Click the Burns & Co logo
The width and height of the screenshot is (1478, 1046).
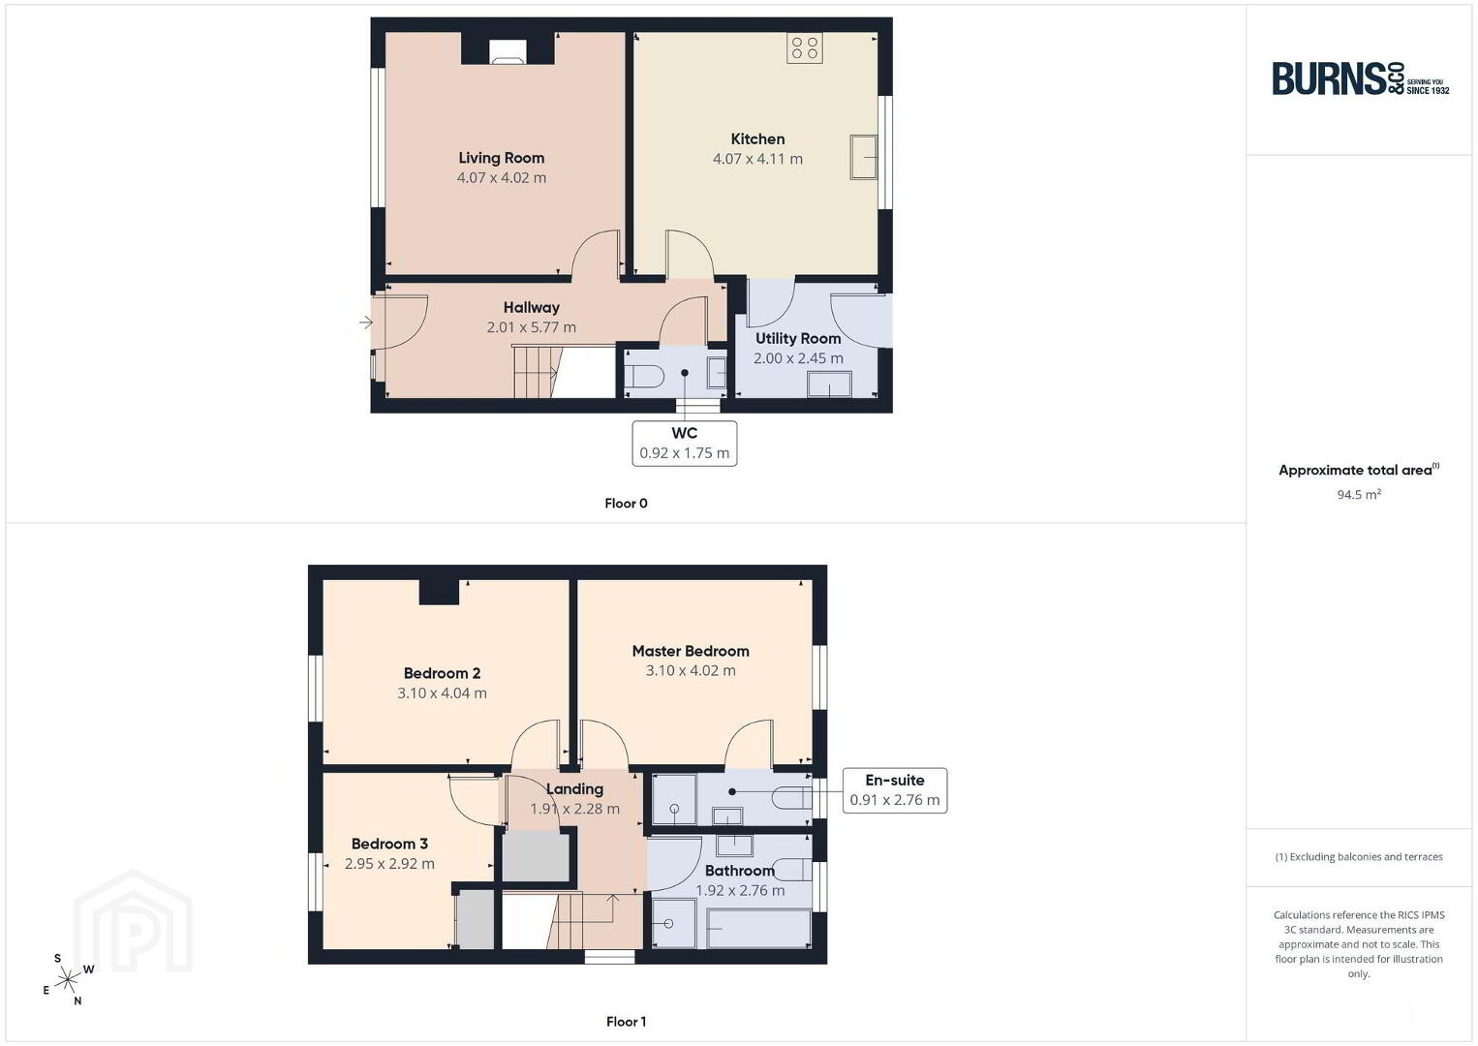(x=1360, y=79)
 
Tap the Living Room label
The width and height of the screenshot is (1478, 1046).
(x=502, y=158)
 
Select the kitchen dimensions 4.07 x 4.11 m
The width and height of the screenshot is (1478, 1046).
(x=757, y=159)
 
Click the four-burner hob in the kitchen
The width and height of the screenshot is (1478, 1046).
(x=804, y=48)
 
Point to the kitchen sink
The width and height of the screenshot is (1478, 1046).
(x=863, y=157)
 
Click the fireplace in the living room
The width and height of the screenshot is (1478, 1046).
(x=508, y=52)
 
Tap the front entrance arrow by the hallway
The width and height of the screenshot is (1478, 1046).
(x=365, y=323)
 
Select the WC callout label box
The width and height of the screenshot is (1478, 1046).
(x=684, y=444)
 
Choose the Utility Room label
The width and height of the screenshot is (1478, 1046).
(x=798, y=339)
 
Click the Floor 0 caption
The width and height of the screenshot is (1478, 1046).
(x=627, y=504)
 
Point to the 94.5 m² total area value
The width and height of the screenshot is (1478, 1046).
(x=1359, y=494)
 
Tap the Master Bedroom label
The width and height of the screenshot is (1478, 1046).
(x=691, y=652)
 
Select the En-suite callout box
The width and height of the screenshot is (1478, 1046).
(x=895, y=790)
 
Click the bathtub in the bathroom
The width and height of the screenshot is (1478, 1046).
(x=758, y=929)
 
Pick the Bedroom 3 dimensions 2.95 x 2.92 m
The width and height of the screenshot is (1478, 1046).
(x=389, y=864)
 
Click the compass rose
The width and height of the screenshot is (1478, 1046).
(x=68, y=980)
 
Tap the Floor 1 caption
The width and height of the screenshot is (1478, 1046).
(x=627, y=1022)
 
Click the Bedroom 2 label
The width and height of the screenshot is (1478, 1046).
(x=442, y=673)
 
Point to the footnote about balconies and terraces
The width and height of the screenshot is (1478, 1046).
(x=1359, y=856)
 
